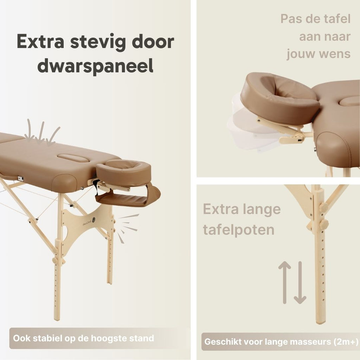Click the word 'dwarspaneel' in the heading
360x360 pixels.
point(95,66)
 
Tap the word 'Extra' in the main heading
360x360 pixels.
point(40,41)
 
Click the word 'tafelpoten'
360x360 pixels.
point(239,230)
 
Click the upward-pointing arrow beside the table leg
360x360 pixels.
point(285,282)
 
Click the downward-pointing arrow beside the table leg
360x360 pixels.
point(300,282)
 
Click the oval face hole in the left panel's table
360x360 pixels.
point(73,158)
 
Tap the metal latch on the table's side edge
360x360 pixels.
point(21,178)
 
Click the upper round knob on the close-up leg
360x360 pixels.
point(323,207)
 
